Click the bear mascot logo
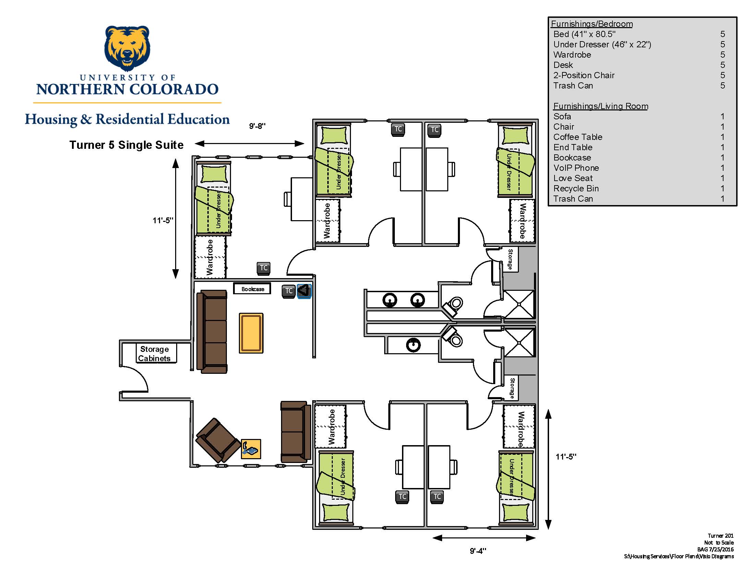coord(127,48)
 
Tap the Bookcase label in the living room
coord(253,289)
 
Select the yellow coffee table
coord(251,333)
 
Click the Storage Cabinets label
coord(154,354)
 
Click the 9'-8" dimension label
coord(257,126)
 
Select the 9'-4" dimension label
coord(478,551)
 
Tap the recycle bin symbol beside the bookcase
coord(304,291)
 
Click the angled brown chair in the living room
coord(218,440)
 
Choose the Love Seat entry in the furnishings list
coord(573,178)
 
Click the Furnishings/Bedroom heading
coord(592,24)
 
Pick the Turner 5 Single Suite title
coord(126,145)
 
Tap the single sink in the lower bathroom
coord(413,345)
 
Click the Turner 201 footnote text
coord(720,536)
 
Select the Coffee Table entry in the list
coord(577,137)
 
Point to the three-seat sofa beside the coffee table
coord(211,332)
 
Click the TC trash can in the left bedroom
coord(264,268)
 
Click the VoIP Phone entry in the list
coord(576,168)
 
